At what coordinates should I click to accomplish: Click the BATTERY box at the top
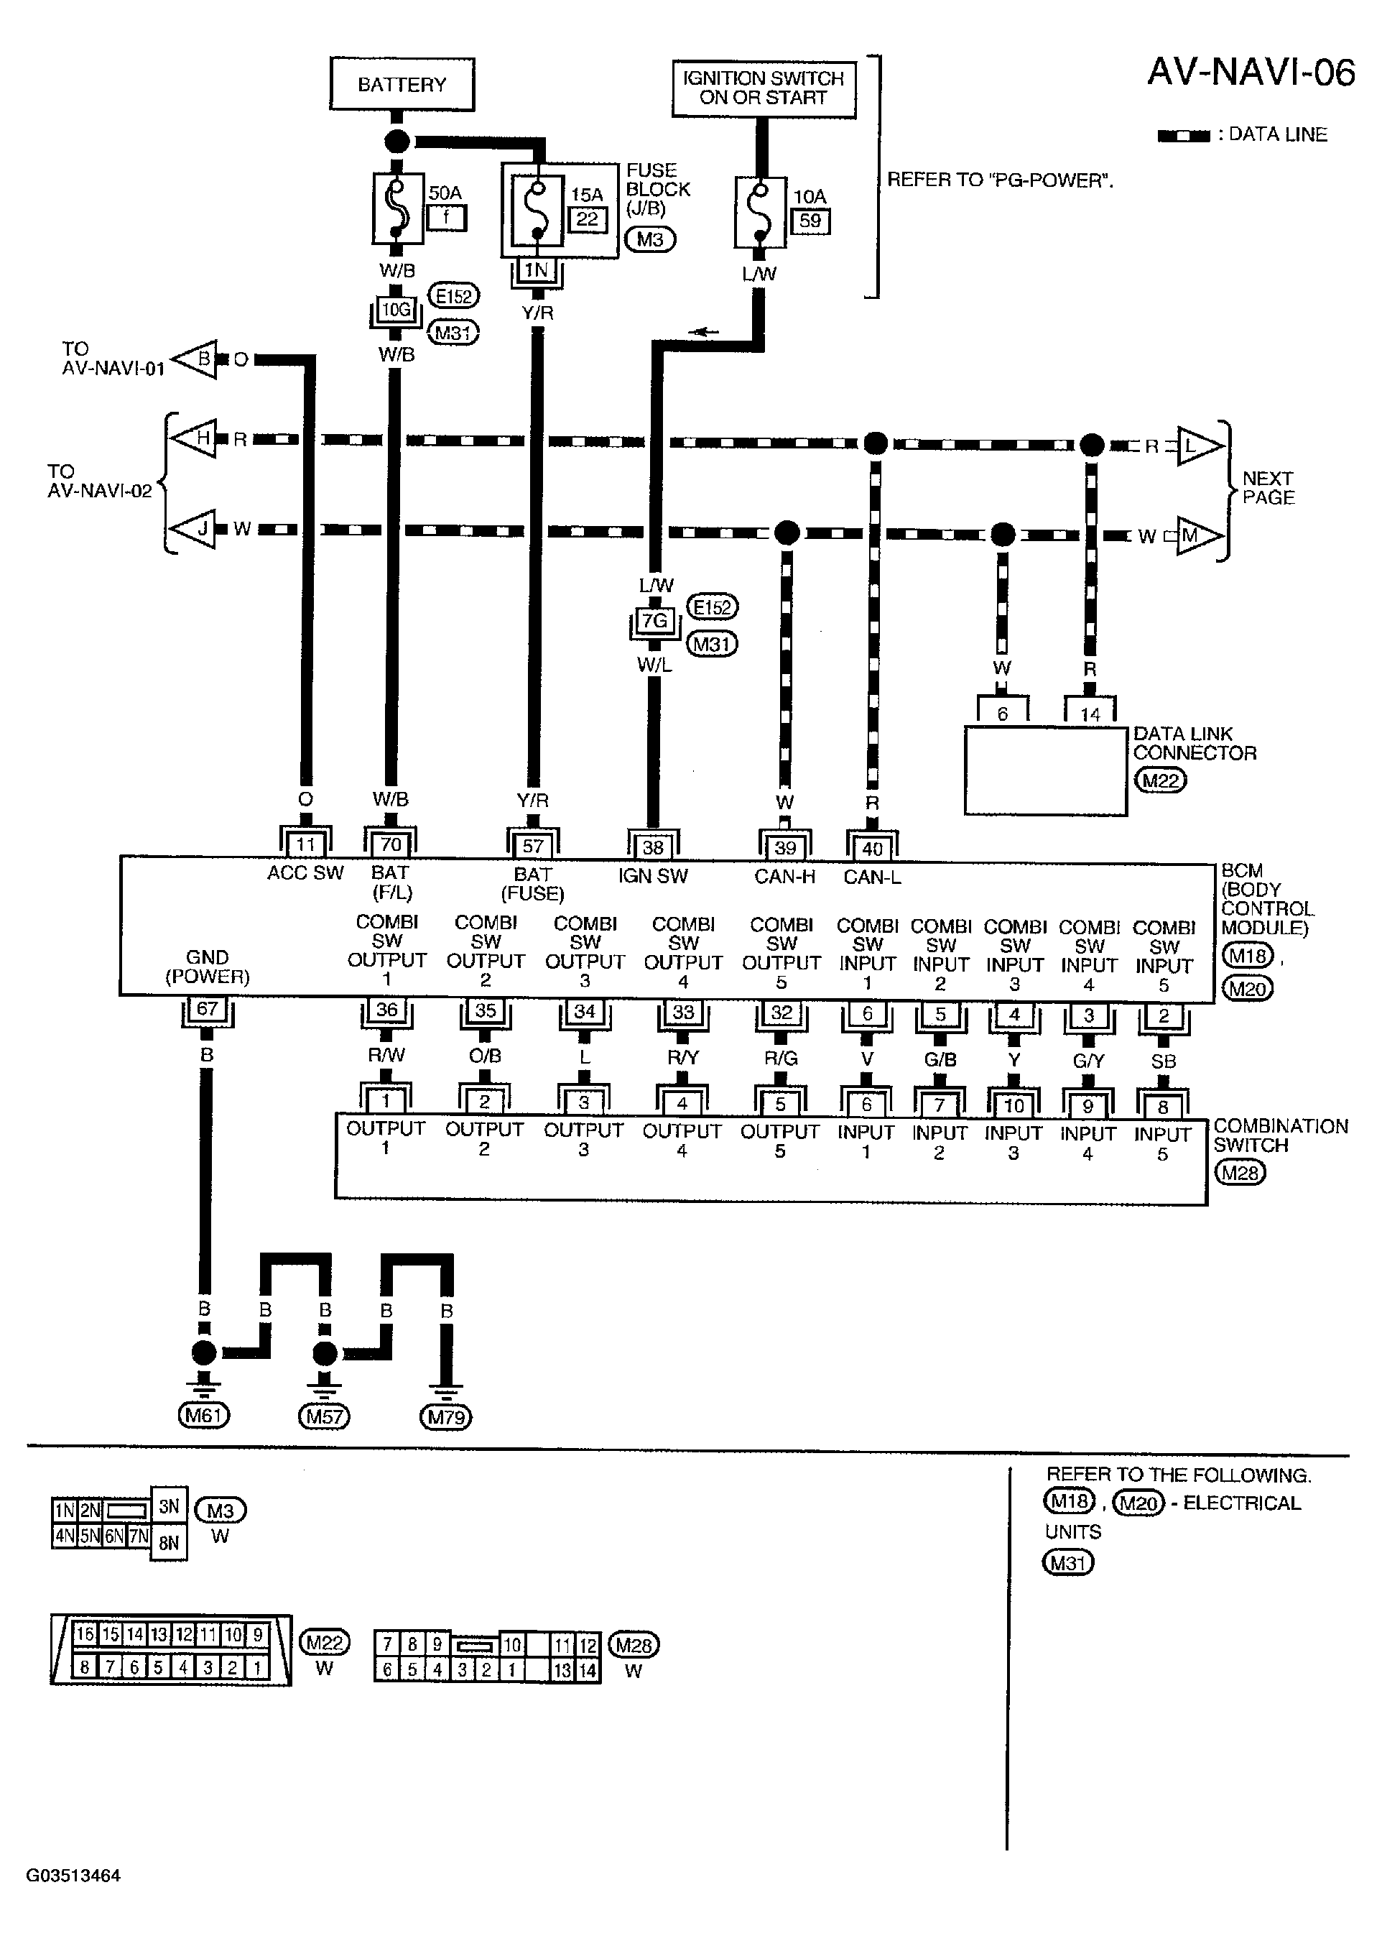[402, 84]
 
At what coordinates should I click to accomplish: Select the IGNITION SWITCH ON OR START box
[764, 88]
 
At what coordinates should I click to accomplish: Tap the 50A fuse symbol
[396, 209]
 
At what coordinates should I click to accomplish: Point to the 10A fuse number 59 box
[810, 221]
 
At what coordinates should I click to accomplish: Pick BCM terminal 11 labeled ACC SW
[305, 844]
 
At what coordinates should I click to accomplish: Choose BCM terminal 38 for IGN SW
[653, 847]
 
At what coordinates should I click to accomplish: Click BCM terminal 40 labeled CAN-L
[872, 848]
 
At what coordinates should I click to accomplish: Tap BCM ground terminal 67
[207, 1010]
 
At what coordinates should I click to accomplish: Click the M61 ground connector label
[203, 1416]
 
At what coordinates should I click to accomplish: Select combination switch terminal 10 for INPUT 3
[1014, 1105]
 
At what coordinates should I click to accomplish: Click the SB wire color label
[1164, 1061]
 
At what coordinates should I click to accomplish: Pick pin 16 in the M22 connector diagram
[85, 1633]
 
